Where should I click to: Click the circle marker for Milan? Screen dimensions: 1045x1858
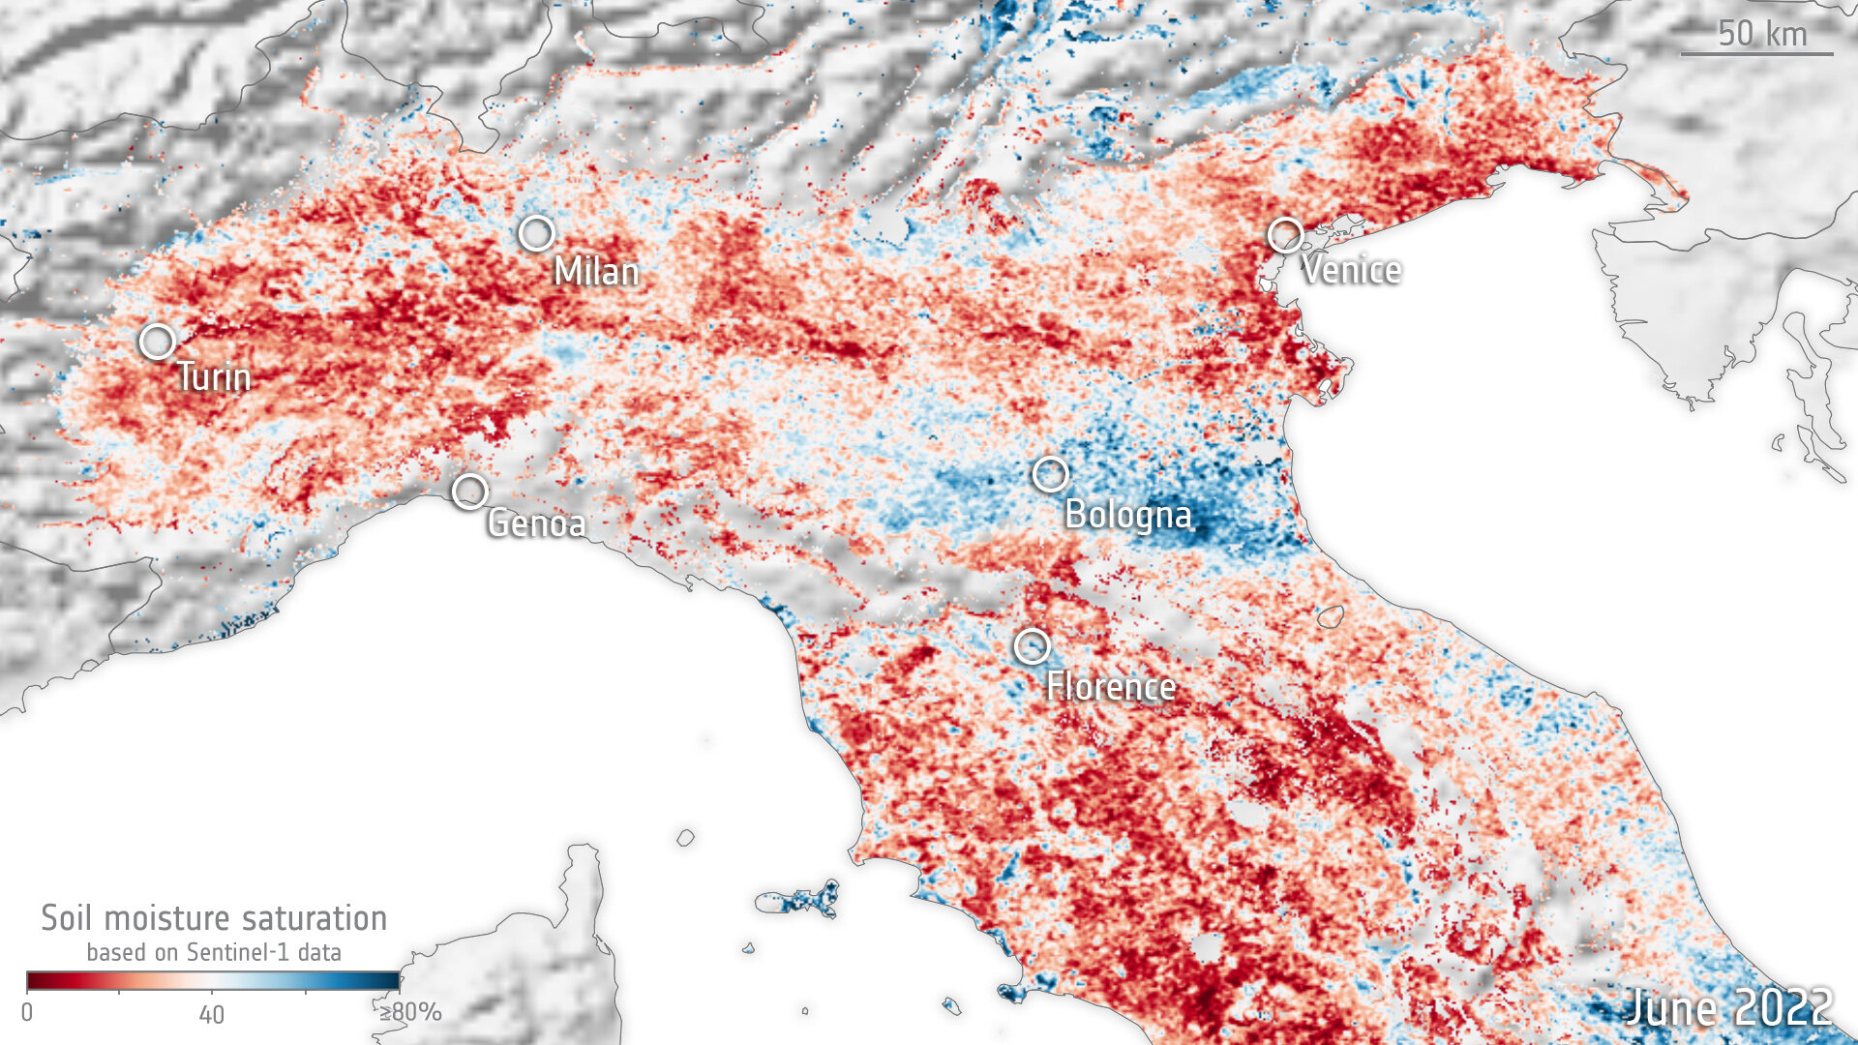[x=536, y=233]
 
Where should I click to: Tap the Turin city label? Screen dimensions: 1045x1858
[x=214, y=376]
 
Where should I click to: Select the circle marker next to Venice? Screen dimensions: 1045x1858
[x=1285, y=235]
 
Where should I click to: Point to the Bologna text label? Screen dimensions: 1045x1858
[x=1127, y=514]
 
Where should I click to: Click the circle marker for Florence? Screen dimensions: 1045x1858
[x=1032, y=645]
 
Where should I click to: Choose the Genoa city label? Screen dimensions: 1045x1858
[x=536, y=523]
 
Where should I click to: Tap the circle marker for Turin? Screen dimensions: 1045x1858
[x=157, y=342]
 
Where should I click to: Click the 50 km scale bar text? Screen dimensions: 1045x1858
[x=1761, y=34]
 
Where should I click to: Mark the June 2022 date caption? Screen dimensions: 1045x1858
[x=1728, y=1007]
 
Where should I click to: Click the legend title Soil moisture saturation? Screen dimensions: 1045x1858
[x=214, y=917]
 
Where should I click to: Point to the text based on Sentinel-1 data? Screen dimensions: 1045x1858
[x=214, y=952]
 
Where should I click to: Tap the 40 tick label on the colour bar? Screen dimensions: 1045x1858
[x=211, y=1014]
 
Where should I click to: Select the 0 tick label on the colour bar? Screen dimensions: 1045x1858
[x=27, y=1012]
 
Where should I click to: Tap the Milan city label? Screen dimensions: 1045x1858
[x=596, y=272]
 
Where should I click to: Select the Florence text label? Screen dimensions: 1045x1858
[x=1111, y=687]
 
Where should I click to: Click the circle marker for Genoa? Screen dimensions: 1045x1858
[x=470, y=492]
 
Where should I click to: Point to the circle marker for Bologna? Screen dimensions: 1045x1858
[x=1050, y=474]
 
